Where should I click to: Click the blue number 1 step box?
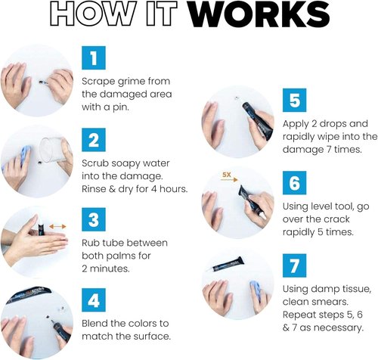pyautogui.click(x=94, y=57)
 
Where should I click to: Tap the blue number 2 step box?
pyautogui.click(x=94, y=140)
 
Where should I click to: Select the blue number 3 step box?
pyautogui.click(x=94, y=219)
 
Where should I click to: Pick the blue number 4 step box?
pyautogui.click(x=94, y=300)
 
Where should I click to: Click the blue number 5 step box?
pyautogui.click(x=294, y=100)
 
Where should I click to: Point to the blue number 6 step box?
pyautogui.click(x=294, y=183)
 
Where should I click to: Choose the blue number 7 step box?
pyautogui.click(x=294, y=265)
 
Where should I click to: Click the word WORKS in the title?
pyautogui.click(x=259, y=14)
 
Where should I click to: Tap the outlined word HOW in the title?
pyautogui.click(x=91, y=14)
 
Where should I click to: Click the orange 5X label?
pyautogui.click(x=227, y=174)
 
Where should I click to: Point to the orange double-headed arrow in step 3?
pyautogui.click(x=57, y=227)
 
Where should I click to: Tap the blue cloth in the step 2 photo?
pyautogui.click(x=24, y=157)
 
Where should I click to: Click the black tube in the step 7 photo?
pyautogui.click(x=225, y=265)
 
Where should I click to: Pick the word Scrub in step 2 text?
pyautogui.click(x=95, y=163)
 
